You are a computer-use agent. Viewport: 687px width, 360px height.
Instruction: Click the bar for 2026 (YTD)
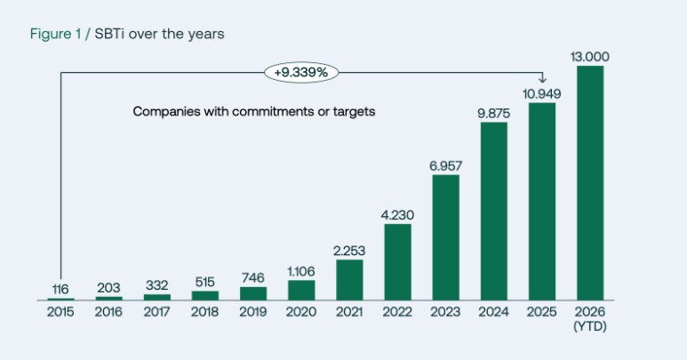(590, 182)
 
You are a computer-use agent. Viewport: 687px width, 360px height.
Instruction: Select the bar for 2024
(494, 211)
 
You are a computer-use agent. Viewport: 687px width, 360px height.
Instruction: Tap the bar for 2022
(397, 261)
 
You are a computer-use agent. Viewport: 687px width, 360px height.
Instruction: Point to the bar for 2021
(349, 279)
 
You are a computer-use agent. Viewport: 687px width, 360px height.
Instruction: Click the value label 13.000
(590, 57)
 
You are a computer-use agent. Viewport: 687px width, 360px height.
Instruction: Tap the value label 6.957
(446, 166)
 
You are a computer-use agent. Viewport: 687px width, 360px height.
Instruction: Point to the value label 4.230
(397, 215)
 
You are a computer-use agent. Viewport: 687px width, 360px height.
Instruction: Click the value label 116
(60, 289)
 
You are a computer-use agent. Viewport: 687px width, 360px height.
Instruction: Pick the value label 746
(253, 278)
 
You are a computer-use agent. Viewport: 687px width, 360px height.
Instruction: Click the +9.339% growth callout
(301, 72)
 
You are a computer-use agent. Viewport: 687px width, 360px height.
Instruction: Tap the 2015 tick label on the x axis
(60, 312)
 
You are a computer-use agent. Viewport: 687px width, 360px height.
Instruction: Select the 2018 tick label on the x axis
(205, 312)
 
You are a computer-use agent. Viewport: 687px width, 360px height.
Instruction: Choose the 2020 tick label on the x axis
(301, 312)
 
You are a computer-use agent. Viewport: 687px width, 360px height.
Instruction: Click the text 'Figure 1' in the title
(54, 34)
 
